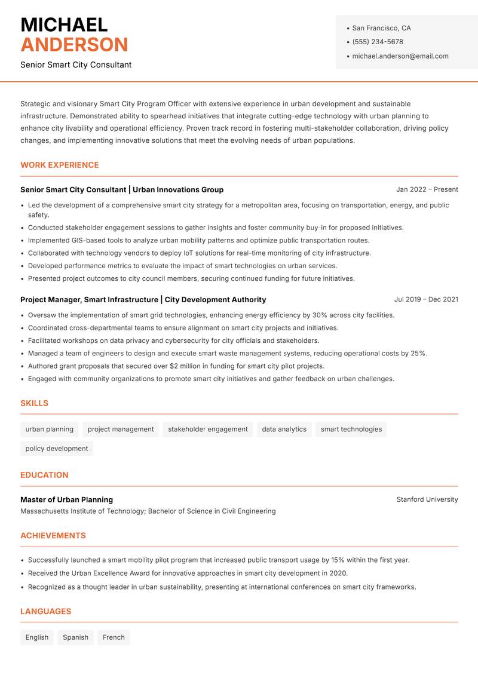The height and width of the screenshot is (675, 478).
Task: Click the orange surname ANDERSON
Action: point(74,45)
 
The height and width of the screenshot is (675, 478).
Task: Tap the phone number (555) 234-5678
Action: point(378,42)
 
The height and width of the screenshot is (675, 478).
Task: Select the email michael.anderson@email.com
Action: point(400,56)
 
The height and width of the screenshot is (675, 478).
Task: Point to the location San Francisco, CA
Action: point(381,28)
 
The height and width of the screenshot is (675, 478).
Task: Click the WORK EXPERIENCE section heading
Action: point(60,165)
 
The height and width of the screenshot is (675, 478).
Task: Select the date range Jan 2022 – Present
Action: point(427,189)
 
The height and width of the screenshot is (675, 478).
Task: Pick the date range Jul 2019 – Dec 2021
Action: point(426,299)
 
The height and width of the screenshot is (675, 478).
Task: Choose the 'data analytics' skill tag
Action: point(284,429)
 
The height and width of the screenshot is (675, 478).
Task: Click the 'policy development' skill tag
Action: point(57,449)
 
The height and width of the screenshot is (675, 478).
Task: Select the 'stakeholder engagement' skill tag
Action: point(207,429)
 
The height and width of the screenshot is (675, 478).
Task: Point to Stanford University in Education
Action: point(427,499)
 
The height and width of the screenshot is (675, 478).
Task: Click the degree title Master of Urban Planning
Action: point(66,499)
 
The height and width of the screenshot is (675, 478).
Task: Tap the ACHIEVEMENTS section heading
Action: point(53,536)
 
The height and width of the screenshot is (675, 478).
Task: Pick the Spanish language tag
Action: point(75,637)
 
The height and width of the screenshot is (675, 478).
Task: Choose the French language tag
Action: point(114,637)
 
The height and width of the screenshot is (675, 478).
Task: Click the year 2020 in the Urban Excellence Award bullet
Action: point(339,573)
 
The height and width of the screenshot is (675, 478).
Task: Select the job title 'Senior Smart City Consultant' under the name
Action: point(76,65)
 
